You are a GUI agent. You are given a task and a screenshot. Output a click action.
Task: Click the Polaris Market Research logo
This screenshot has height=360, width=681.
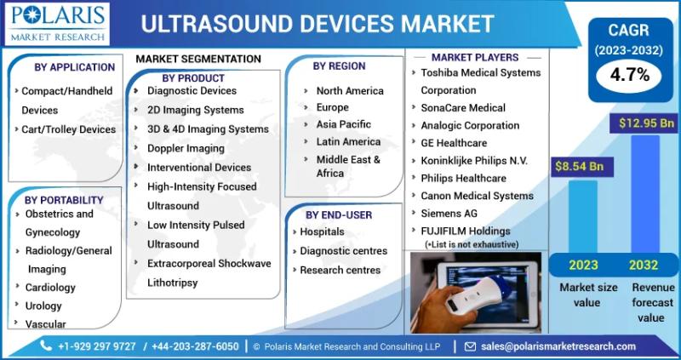coord(57,24)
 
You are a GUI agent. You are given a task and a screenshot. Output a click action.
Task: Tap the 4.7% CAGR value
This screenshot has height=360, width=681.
coord(629,75)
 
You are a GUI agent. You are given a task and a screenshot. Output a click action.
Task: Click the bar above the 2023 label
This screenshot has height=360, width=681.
coord(583,217)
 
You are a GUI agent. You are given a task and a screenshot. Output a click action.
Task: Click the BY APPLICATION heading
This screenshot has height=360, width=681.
coord(74,67)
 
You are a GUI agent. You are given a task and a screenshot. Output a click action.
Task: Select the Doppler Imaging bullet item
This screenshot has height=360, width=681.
coord(186,149)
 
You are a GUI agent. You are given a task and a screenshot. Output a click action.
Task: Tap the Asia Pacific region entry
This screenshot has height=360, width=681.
coord(344,124)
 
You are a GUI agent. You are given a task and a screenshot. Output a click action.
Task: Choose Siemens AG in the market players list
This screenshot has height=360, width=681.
coord(449,214)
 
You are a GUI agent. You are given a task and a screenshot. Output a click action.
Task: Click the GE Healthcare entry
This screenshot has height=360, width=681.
coord(454,143)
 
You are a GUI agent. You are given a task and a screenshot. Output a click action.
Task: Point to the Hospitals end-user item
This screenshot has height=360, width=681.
coord(322,231)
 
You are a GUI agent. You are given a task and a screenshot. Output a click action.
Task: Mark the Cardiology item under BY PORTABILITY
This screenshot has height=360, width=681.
coord(50,288)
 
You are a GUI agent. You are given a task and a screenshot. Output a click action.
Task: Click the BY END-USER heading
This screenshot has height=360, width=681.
coord(339,215)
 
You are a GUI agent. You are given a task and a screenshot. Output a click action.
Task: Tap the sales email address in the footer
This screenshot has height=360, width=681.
coord(558,346)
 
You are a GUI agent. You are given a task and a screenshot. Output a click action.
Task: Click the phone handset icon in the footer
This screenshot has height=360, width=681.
coord(46,346)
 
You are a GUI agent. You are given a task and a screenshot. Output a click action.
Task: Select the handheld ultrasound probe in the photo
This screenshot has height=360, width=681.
coord(475,294)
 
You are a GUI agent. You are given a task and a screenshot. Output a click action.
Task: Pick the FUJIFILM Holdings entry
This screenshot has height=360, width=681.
coord(466,231)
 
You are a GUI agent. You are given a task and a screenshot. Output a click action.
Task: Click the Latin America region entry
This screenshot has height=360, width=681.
coord(348,142)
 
